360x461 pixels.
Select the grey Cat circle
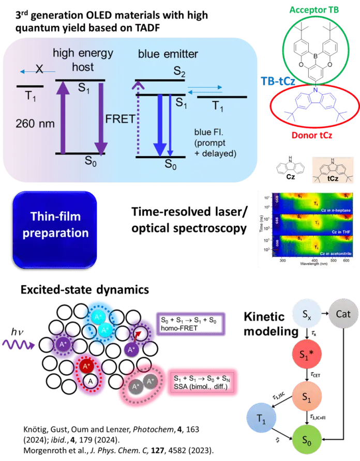[343, 314]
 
